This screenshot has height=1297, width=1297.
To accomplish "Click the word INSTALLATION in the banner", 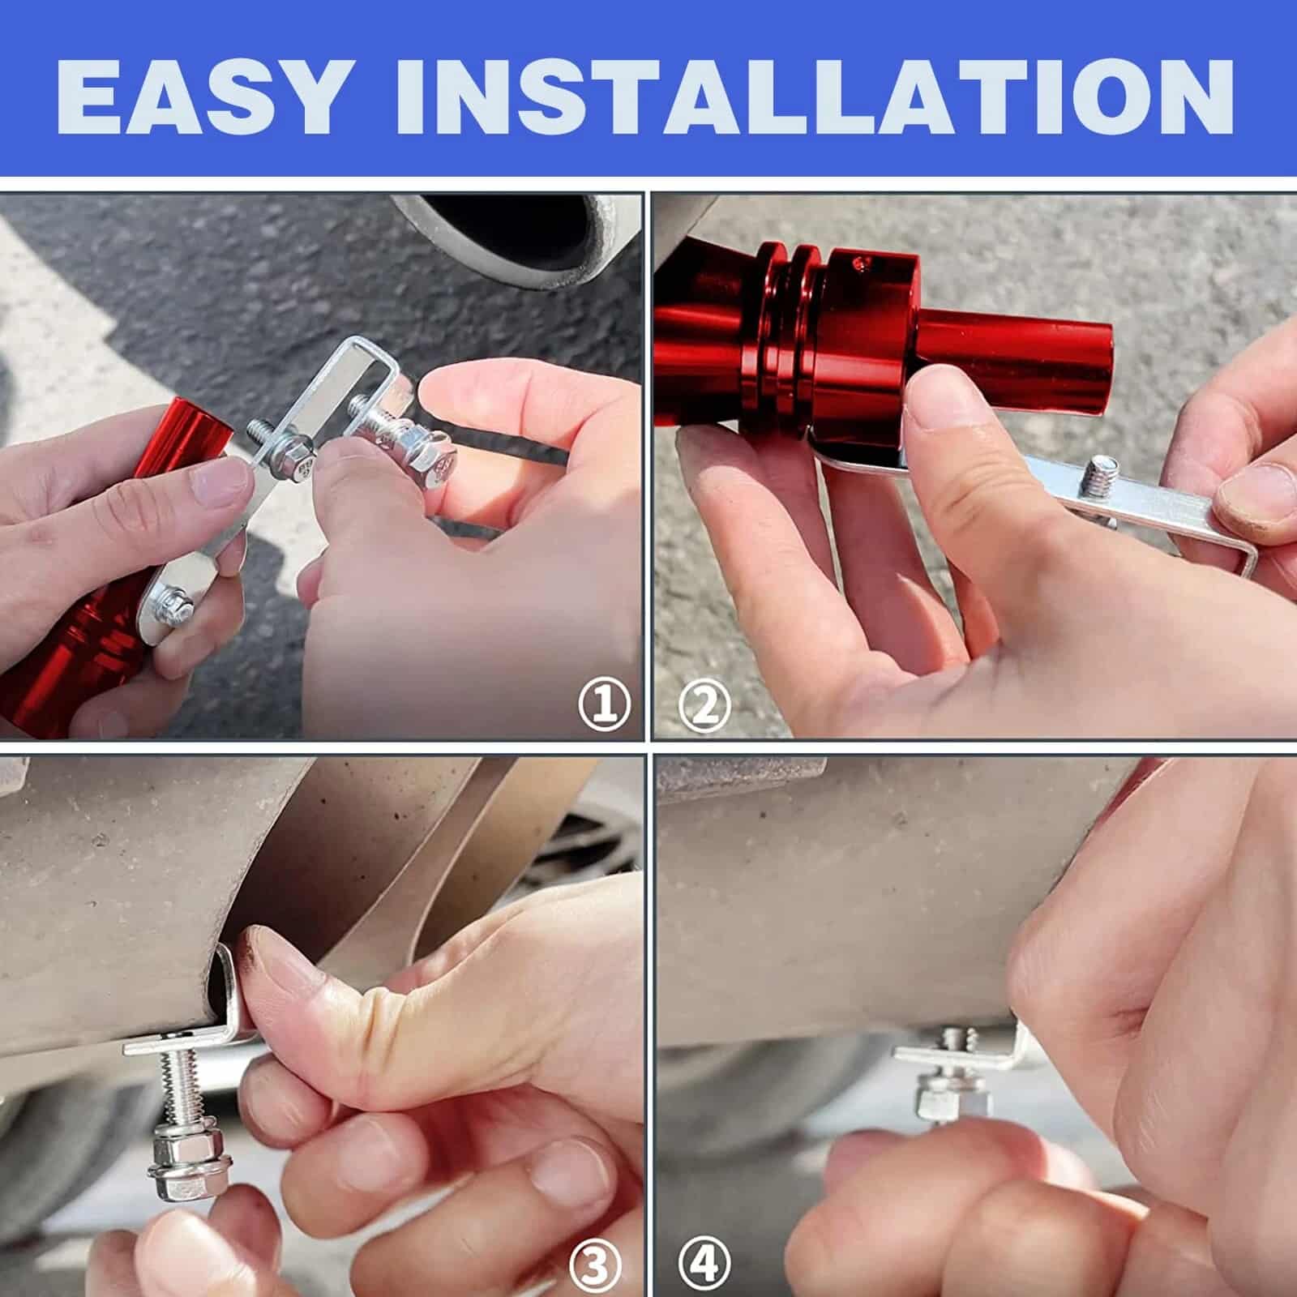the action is (x=815, y=96).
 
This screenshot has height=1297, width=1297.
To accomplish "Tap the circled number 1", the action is (x=604, y=704).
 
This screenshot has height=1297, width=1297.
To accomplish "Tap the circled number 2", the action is (x=704, y=704).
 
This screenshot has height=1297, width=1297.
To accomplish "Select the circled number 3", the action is (x=596, y=1265).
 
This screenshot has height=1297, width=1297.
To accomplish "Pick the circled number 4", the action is (x=704, y=1265).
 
